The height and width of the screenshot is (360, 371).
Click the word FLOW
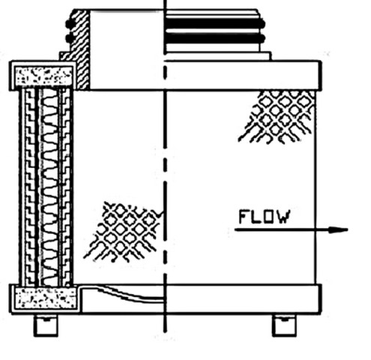[x=265, y=217]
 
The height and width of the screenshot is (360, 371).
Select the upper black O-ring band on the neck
[x=214, y=23]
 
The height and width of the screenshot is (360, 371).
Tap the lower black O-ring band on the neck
[x=214, y=38]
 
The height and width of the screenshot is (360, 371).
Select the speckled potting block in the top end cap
[x=44, y=76]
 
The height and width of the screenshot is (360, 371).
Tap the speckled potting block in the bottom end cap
[x=46, y=298]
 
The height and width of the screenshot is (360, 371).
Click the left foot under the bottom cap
[x=46, y=325]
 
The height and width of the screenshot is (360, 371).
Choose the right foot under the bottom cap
[x=284, y=325]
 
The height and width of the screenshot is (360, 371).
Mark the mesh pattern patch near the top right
[x=277, y=116]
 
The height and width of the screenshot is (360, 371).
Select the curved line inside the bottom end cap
[x=130, y=295]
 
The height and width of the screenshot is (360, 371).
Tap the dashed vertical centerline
[x=165, y=166]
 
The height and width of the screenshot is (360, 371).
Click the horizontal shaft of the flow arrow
[x=282, y=229]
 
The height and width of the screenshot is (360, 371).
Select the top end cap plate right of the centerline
[x=243, y=75]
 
